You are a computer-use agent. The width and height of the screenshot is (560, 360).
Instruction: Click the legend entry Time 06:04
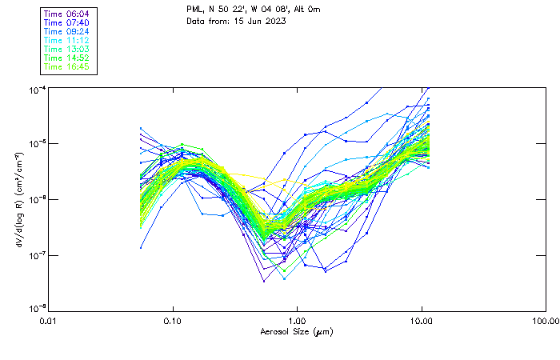pos(67,13)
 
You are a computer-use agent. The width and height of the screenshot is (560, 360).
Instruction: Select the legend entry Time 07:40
pos(67,22)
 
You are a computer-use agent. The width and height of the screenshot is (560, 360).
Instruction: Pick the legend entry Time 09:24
pos(67,30)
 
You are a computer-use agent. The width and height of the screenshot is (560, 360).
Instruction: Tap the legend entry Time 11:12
pos(67,39)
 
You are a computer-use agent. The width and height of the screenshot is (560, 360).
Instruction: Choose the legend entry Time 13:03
pos(67,49)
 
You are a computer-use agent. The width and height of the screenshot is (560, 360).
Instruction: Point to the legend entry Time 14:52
pos(67,58)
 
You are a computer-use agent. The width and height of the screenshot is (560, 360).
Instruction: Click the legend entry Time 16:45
pos(67,66)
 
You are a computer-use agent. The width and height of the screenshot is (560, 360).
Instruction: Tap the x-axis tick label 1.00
pos(298,320)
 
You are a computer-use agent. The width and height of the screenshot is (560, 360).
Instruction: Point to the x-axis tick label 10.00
pos(422,320)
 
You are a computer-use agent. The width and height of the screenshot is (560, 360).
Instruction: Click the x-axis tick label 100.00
pos(544,320)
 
